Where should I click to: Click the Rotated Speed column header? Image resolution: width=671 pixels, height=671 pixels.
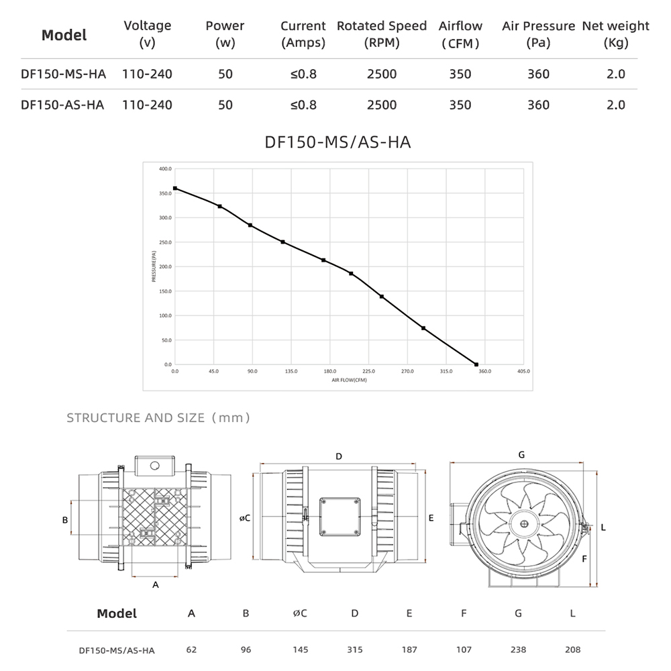382,34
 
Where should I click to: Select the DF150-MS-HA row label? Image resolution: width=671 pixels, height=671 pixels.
63,74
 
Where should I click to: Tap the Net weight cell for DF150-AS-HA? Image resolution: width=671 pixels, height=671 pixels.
616,105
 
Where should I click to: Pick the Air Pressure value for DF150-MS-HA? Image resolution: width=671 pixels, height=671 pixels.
538,74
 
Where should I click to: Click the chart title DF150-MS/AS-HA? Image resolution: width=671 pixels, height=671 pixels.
338,142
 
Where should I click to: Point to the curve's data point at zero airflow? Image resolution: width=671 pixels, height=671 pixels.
175,189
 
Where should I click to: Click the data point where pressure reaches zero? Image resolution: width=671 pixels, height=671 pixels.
476,364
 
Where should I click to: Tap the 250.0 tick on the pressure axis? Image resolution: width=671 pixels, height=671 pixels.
165,242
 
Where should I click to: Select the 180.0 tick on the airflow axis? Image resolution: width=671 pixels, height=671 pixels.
330,372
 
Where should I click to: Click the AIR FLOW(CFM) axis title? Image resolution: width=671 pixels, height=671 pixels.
349,380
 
